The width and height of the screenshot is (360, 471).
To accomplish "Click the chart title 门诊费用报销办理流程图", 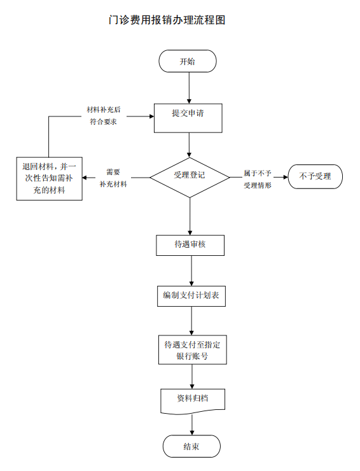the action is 167,20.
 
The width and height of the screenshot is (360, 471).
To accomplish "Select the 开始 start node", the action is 188,61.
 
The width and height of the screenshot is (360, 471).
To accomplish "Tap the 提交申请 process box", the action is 188,118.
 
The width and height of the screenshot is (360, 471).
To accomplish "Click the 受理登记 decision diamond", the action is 190,178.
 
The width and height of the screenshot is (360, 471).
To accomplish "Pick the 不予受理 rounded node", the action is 315,177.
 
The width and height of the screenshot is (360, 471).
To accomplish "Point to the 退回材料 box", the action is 49,178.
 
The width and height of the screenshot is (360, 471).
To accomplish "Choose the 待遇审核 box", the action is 190,246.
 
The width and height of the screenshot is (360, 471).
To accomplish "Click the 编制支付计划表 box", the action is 191,296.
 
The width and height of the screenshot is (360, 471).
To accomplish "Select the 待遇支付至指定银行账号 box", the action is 193,350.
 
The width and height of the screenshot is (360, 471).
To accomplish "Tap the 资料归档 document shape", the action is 193,401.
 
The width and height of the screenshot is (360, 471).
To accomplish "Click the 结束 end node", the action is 191,446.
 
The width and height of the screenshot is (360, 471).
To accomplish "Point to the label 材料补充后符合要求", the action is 104,116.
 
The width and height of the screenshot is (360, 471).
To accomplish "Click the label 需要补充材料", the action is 113,178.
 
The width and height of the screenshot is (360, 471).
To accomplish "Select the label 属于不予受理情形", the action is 258,179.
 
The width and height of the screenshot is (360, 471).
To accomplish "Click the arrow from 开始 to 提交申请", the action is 189,88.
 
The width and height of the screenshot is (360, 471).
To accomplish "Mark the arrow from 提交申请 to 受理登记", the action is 189,145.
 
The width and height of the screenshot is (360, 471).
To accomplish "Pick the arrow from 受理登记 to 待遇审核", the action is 190,216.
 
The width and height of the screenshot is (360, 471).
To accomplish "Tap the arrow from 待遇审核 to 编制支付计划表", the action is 191,271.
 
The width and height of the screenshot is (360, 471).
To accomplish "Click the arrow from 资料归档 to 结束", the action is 192,425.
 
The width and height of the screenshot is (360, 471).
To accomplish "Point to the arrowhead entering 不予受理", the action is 286,177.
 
